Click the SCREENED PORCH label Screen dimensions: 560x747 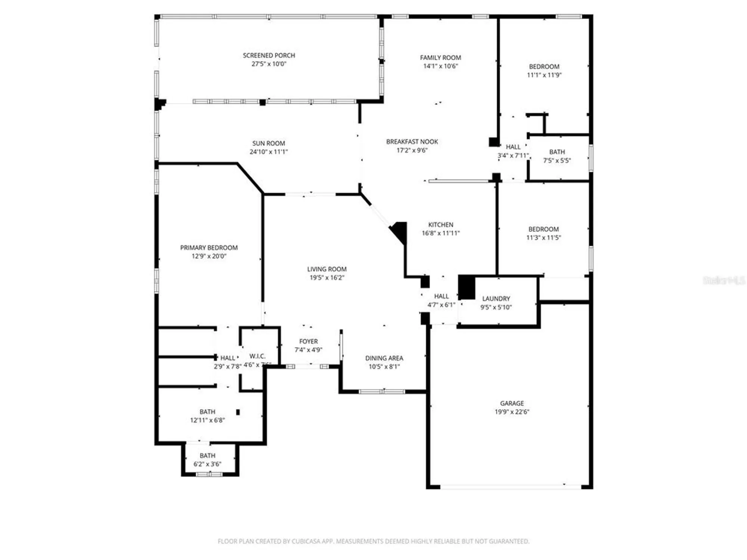point(269,55)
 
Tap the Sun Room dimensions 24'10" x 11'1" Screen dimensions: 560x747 point(269,152)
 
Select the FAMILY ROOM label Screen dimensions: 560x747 point(440,57)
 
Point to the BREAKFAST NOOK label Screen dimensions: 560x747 point(412,141)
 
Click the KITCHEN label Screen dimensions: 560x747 point(440,224)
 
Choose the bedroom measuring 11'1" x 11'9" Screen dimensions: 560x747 point(544,71)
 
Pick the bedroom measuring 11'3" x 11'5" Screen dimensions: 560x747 point(543,233)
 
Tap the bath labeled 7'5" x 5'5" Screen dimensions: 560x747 point(557,156)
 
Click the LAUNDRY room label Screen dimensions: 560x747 point(496,298)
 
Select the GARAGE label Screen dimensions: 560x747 point(512,403)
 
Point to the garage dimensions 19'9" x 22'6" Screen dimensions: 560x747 point(512,412)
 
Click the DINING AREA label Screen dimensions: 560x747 point(384,358)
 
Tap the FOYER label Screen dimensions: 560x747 point(308,341)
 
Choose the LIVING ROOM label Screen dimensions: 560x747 point(326,269)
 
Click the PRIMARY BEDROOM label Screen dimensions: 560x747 point(209,248)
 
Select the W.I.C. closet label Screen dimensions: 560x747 point(257,356)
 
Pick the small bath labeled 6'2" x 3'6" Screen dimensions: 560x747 point(207,460)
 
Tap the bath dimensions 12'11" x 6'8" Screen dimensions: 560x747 point(207,420)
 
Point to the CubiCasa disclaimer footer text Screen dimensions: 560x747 point(373,541)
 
